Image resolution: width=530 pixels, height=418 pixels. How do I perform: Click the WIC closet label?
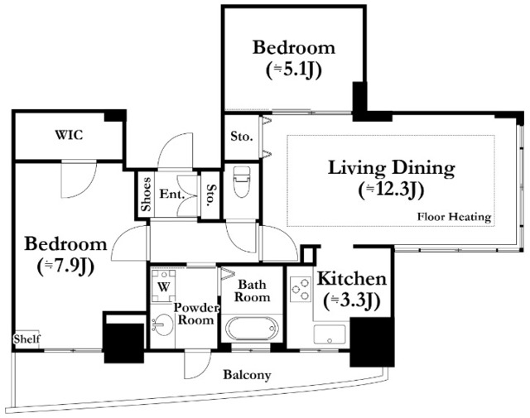click(69, 135)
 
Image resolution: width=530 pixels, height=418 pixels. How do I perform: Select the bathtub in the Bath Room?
click(252, 329)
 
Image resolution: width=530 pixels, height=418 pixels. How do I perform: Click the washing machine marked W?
click(163, 286)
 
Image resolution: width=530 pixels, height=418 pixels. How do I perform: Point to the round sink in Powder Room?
click(162, 325)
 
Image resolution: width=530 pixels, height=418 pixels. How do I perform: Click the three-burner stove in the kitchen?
click(301, 289)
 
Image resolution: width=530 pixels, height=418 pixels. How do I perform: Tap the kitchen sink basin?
click(330, 334)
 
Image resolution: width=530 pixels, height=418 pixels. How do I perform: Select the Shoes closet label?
click(146, 195)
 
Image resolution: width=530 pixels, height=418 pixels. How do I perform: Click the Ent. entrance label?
click(172, 195)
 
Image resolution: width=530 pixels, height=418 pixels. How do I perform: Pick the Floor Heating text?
click(454, 217)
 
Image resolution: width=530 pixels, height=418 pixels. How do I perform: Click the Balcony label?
click(247, 375)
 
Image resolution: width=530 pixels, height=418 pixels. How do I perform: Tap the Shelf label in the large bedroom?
click(27, 339)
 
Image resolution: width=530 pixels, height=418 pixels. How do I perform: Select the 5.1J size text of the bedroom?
click(293, 70)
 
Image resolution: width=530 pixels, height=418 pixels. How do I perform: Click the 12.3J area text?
click(391, 190)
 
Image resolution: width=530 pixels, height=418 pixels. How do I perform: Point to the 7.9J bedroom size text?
click(65, 267)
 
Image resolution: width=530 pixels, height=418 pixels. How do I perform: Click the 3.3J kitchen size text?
click(352, 300)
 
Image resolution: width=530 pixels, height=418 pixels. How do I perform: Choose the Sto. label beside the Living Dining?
click(241, 137)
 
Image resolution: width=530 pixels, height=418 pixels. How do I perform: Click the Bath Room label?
click(252, 291)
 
